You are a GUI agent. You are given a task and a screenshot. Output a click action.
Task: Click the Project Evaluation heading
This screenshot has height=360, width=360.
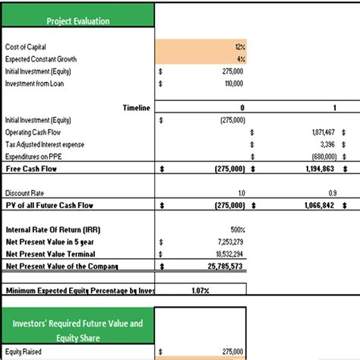(77, 21)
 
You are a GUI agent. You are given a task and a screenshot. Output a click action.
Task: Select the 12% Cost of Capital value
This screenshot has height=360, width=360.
(240, 47)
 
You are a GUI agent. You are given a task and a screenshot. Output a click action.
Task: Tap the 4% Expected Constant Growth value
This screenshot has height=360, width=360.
(240, 58)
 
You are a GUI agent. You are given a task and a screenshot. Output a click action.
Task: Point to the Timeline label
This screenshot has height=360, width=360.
(136, 108)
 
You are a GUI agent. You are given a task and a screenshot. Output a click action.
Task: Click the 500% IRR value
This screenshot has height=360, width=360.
(236, 229)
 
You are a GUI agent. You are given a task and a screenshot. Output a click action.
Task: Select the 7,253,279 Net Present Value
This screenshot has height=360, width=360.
(229, 241)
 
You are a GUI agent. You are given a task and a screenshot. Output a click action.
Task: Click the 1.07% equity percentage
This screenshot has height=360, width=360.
(201, 290)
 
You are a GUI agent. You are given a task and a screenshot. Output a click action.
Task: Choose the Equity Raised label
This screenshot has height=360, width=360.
(24, 352)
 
